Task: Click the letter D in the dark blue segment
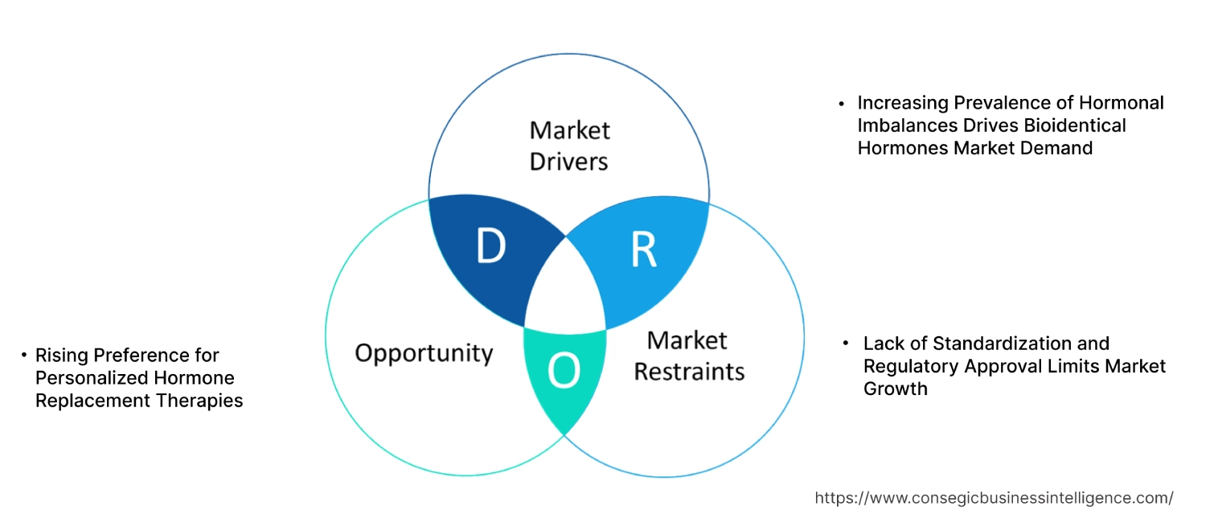point(490,247)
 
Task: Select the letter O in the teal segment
point(563,371)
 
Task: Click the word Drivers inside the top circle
point(568,161)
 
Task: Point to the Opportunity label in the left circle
point(424,352)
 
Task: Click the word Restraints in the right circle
point(689,371)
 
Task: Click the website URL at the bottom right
point(994,498)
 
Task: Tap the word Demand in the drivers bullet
point(1056,148)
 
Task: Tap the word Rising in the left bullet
point(62,355)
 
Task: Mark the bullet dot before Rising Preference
point(24,355)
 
